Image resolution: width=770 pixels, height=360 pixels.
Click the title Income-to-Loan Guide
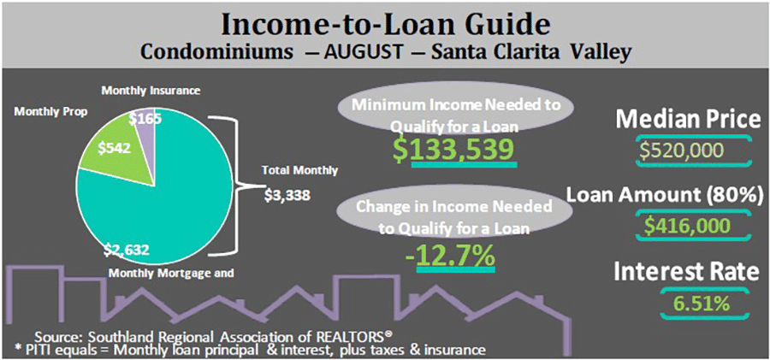(384, 25)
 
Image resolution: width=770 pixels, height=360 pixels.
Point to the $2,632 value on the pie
(126, 251)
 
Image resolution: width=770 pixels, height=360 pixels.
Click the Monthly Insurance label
(151, 91)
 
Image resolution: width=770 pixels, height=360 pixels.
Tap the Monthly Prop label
(50, 111)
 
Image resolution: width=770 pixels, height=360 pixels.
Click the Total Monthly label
(299, 171)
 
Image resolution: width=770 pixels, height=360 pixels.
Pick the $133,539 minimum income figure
(456, 150)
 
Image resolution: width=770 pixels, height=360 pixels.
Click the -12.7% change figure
(451, 257)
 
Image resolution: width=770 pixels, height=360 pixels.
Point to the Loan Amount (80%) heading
(665, 195)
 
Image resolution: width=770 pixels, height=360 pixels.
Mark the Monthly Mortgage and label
(170, 273)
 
